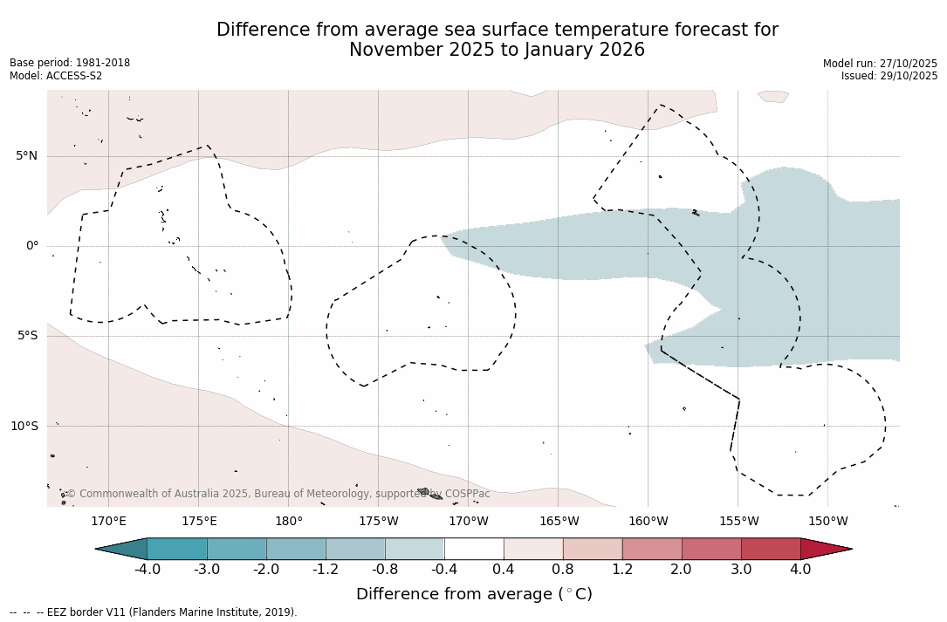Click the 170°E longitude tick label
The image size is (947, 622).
pos(108,522)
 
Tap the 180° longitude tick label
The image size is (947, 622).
pos(289,522)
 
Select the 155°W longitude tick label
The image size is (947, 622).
pos(738,522)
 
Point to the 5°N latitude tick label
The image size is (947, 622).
pos(26,156)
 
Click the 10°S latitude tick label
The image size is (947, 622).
pos(24,427)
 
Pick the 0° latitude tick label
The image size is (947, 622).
pos(32,246)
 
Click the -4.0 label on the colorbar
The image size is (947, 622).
pos(147,570)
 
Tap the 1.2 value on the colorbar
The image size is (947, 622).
pos(622,570)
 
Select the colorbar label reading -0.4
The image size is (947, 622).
pos(444,570)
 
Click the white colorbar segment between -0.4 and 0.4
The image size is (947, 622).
pos(474,549)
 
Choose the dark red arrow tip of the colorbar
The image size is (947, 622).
pos(825,549)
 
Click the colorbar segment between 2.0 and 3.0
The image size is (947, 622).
pos(711,549)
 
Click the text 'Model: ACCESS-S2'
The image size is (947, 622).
pos(56,76)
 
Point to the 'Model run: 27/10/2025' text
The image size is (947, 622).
pos(880,64)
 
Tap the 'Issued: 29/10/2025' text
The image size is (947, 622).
pos(889,76)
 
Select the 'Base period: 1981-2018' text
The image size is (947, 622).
pos(70,63)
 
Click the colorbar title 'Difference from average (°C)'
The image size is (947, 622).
pos(474,594)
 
